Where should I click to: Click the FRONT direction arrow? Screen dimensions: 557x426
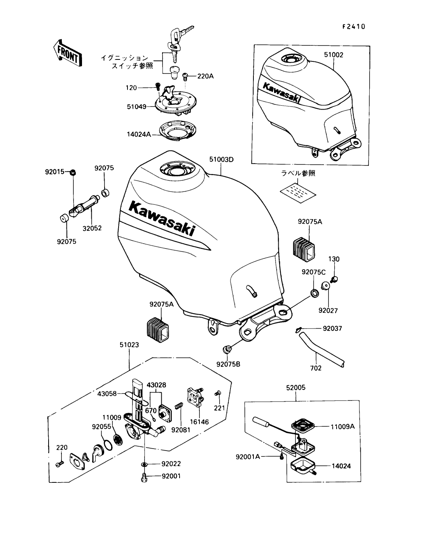pyautogui.click(x=67, y=52)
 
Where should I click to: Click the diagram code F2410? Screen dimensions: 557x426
pyautogui.click(x=354, y=27)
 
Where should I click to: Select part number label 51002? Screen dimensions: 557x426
pyautogui.click(x=333, y=55)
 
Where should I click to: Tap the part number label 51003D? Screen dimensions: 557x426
pyautogui.click(x=221, y=159)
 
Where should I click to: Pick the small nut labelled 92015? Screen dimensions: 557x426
pyautogui.click(x=72, y=172)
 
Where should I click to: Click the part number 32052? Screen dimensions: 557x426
pyautogui.click(x=93, y=228)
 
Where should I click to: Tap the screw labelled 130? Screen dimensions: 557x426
pyautogui.click(x=334, y=278)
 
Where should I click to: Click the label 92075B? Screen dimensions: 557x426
pyautogui.click(x=228, y=364)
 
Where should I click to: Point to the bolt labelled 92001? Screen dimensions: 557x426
pyautogui.click(x=144, y=476)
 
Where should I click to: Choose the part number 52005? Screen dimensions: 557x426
pyautogui.click(x=296, y=387)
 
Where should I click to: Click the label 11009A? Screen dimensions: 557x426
pyautogui.click(x=342, y=426)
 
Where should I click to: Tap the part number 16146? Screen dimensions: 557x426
pyautogui.click(x=199, y=422)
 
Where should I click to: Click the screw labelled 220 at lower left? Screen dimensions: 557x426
pyautogui.click(x=59, y=463)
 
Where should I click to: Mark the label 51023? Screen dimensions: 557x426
pyautogui.click(x=129, y=345)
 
